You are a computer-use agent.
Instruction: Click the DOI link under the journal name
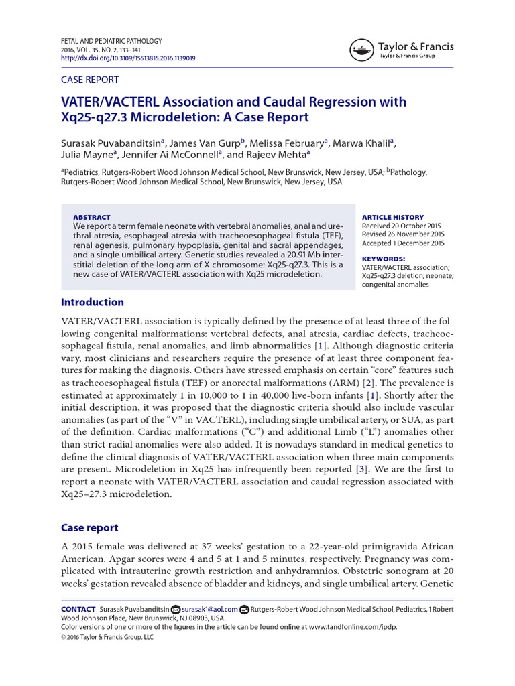click(127, 58)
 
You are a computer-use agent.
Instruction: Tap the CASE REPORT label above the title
click(90, 80)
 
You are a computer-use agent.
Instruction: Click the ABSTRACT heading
click(91, 218)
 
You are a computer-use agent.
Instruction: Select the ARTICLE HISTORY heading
click(393, 218)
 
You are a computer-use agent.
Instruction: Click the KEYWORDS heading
click(384, 258)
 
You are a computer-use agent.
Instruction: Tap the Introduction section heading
click(93, 302)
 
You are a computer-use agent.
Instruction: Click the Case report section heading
click(90, 528)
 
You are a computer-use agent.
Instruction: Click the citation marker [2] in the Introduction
click(368, 383)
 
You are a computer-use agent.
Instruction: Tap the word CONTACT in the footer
click(77, 609)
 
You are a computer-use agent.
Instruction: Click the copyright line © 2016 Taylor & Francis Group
click(107, 637)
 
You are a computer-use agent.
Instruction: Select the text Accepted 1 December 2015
click(402, 243)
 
